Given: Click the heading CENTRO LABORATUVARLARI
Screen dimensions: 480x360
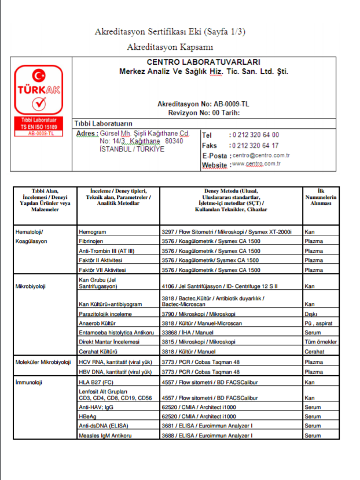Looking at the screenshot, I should click(x=203, y=62).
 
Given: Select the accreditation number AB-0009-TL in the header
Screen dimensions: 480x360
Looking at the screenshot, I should click(x=228, y=104).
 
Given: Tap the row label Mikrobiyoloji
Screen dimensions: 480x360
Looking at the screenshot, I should click(x=31, y=286).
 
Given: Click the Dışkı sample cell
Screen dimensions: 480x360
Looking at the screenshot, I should click(x=311, y=314).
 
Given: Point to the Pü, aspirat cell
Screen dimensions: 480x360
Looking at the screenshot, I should click(x=318, y=323).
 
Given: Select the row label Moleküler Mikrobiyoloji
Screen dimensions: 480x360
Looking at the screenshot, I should click(x=42, y=362).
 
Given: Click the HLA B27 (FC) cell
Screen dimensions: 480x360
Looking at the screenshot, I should click(x=97, y=382).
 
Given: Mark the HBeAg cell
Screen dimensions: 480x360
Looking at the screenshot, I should click(x=87, y=416).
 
